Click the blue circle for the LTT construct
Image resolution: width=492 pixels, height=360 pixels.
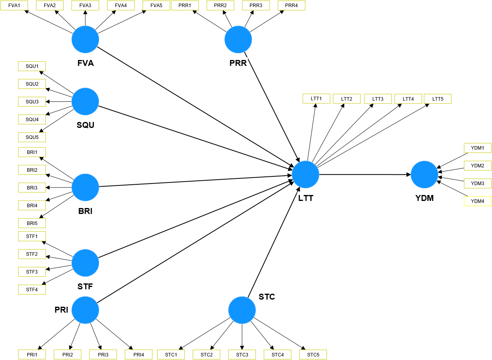pyautogui.click(x=306, y=174)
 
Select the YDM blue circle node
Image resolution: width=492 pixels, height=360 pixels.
pyautogui.click(x=424, y=174)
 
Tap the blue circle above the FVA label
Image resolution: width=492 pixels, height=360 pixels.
pyautogui.click(x=85, y=39)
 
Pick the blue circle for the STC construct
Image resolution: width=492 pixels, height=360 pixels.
pyautogui.click(x=242, y=310)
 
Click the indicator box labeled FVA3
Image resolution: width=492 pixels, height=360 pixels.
pyautogui.click(x=85, y=6)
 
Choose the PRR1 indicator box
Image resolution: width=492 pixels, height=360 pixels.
pyautogui.click(x=185, y=6)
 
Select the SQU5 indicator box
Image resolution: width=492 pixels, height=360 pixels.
pyautogui.click(x=32, y=137)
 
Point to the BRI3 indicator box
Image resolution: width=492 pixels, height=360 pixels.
pyautogui.click(x=32, y=188)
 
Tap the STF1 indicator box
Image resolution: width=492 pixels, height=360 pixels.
pyautogui.click(x=32, y=236)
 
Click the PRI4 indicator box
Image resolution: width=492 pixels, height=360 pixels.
pyautogui.click(x=139, y=354)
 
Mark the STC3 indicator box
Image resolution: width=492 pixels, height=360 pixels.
pyautogui.click(x=242, y=354)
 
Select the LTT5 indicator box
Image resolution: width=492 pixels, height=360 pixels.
pyautogui.click(x=438, y=99)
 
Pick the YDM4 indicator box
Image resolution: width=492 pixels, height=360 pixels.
pyautogui.click(x=477, y=201)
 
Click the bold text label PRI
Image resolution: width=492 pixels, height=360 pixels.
pyautogui.click(x=62, y=310)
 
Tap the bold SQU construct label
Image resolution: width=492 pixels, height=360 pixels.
pyautogui.click(x=85, y=125)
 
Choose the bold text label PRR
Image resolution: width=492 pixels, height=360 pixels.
pyautogui.click(x=238, y=63)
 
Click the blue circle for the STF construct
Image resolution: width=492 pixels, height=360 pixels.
pyautogui.click(x=85, y=262)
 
